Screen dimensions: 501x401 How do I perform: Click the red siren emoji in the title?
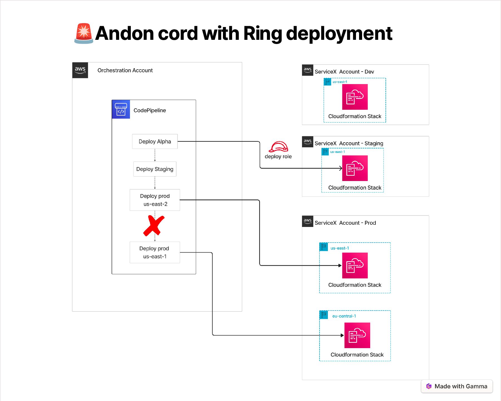83,33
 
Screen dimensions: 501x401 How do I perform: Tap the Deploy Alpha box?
155,141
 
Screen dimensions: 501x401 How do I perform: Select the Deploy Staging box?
155,169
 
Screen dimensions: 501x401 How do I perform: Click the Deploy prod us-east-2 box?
155,200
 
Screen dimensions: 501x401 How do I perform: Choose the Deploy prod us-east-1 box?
155,252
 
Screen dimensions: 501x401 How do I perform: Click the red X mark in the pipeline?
154,226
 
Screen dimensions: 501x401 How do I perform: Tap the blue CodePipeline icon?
121,109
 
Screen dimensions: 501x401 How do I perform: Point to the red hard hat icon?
278,146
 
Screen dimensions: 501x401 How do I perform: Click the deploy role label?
278,157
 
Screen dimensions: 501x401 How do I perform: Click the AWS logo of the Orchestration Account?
80,70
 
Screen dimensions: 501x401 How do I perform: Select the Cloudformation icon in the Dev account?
355,97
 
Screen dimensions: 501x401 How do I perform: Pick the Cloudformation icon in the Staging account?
355,168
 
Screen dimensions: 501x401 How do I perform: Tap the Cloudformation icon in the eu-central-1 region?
357,335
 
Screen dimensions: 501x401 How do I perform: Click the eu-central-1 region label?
344,316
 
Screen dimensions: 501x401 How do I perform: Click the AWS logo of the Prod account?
308,221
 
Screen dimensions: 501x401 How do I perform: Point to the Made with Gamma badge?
457,386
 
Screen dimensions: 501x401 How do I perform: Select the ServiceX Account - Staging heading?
349,143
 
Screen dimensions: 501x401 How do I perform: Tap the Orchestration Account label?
125,70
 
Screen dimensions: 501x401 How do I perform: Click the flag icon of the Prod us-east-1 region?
324,247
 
